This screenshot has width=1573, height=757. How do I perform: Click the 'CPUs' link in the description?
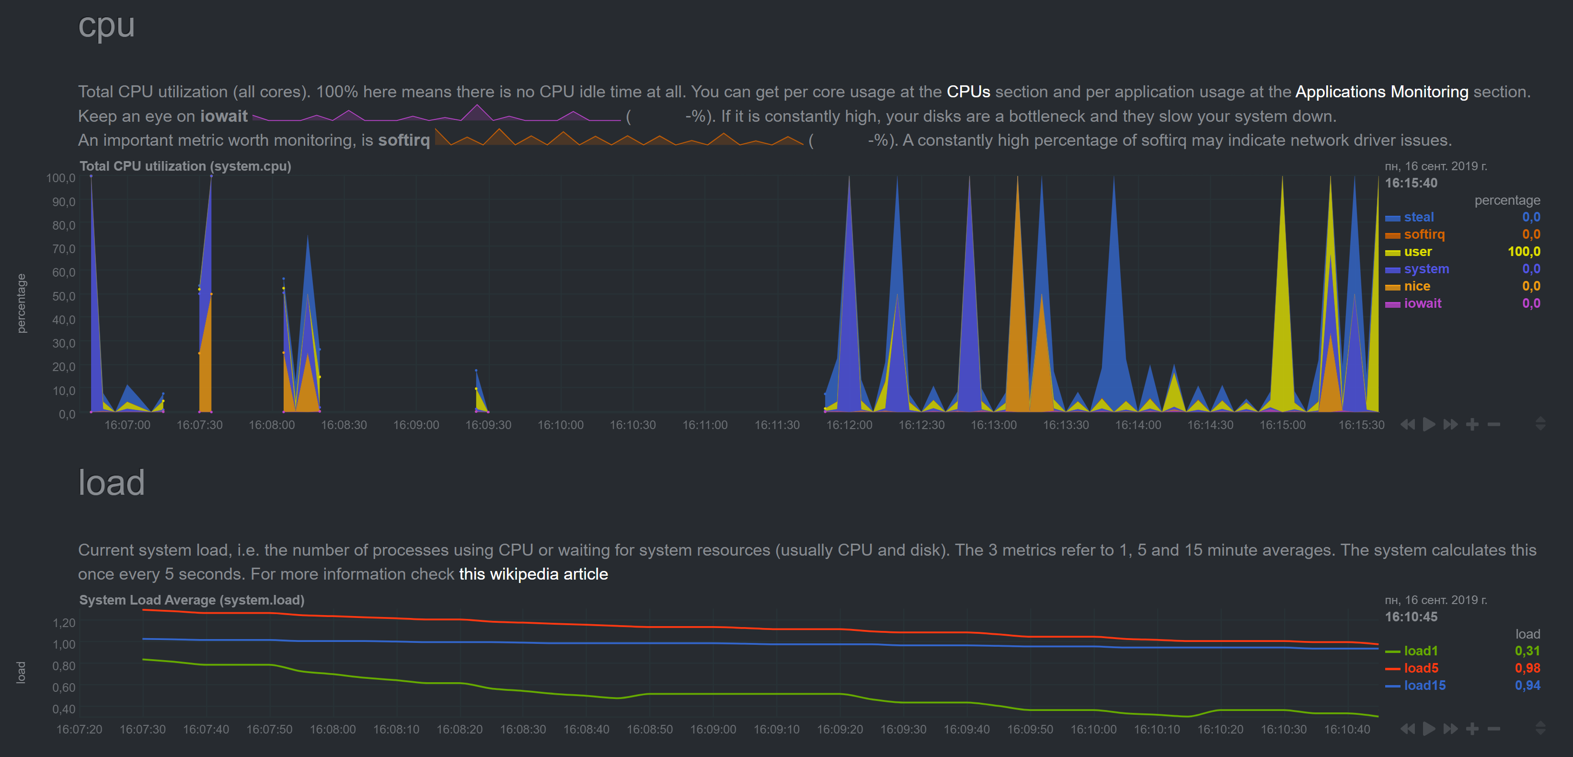tap(968, 92)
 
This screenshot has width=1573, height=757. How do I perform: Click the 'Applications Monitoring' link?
tap(1381, 92)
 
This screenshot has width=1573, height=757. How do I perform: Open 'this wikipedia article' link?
tap(533, 574)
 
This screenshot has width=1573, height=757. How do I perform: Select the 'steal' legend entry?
tap(1418, 217)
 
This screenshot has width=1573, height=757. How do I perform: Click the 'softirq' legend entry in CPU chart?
tap(1424, 234)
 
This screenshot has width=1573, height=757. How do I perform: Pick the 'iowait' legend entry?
tap(1422, 303)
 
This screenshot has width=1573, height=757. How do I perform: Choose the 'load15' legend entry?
tap(1424, 685)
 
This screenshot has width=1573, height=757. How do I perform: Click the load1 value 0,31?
tap(1527, 651)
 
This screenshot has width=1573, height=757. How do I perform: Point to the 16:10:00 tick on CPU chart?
tap(560, 425)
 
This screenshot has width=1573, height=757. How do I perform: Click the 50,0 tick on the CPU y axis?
tap(64, 296)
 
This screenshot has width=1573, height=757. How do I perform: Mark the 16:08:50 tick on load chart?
tap(649, 729)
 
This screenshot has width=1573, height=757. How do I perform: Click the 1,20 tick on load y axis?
tap(64, 623)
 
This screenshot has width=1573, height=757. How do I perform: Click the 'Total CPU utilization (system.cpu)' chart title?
tap(185, 166)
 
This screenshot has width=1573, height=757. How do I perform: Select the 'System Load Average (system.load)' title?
tap(192, 600)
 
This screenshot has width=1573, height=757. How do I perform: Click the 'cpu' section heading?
tap(106, 26)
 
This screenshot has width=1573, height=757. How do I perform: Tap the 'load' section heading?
tap(111, 483)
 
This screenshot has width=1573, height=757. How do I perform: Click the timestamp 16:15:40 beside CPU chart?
tap(1411, 183)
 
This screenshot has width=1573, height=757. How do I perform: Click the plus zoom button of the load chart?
tap(1471, 728)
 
